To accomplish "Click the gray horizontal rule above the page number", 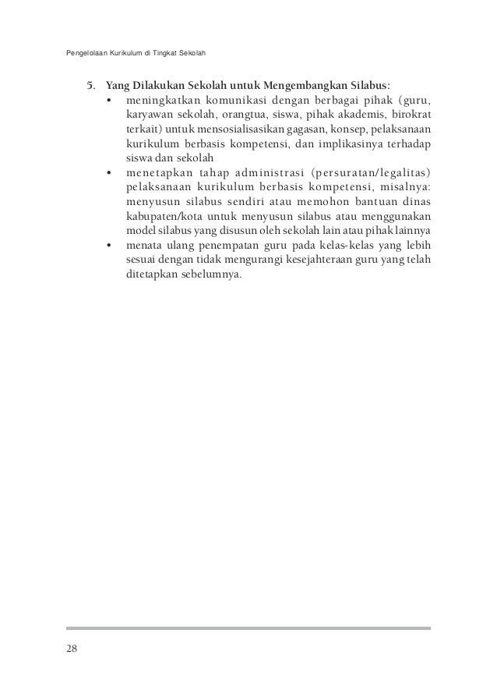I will click(248, 628).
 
